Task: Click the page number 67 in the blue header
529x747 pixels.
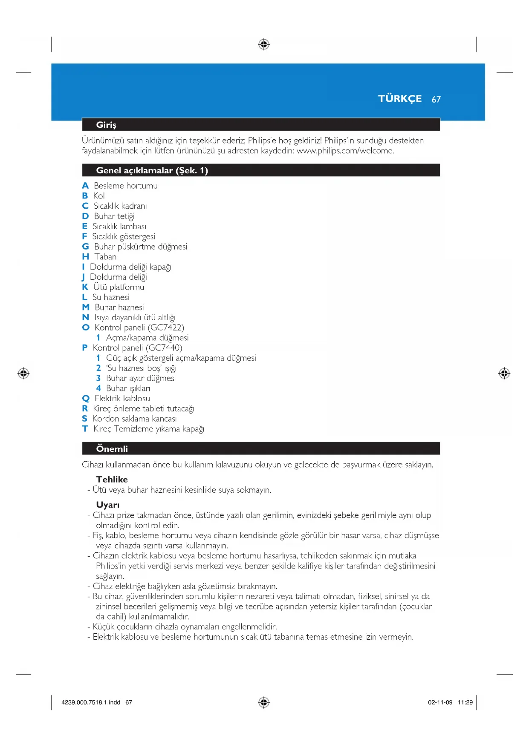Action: coord(436,100)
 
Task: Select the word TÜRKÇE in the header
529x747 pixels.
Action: coord(399,99)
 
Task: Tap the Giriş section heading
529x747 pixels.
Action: coord(106,125)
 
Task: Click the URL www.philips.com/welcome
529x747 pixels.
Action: coord(345,151)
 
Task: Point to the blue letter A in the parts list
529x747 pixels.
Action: coord(85,186)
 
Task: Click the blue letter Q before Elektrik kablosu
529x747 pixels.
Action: coord(86,399)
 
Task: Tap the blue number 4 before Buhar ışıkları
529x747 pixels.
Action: coord(98,388)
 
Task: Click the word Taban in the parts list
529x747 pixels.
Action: coord(105,257)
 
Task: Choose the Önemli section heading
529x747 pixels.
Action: coord(112,449)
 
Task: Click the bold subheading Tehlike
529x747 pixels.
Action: coord(112,480)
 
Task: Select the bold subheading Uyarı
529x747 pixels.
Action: coord(108,505)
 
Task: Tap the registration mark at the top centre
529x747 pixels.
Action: coord(264,44)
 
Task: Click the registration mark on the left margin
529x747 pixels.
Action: coord(23,373)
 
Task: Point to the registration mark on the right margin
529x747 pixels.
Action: coord(504,373)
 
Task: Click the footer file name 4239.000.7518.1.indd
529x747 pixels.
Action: coord(91,703)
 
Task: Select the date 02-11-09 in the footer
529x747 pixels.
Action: coord(440,703)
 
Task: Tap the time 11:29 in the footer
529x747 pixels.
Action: coord(465,703)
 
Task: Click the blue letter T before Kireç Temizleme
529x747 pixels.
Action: coord(85,429)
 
